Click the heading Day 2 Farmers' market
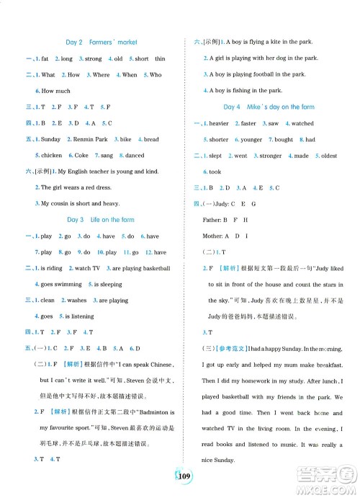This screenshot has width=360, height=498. click(102, 43)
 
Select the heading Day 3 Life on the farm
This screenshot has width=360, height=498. click(102, 219)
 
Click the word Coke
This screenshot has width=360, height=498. click(81, 155)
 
